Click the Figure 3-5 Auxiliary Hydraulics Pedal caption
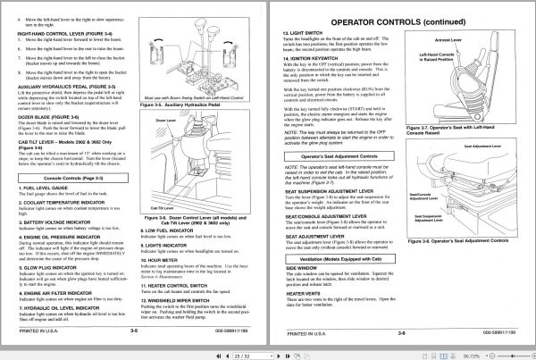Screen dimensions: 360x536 [x=190, y=129]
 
